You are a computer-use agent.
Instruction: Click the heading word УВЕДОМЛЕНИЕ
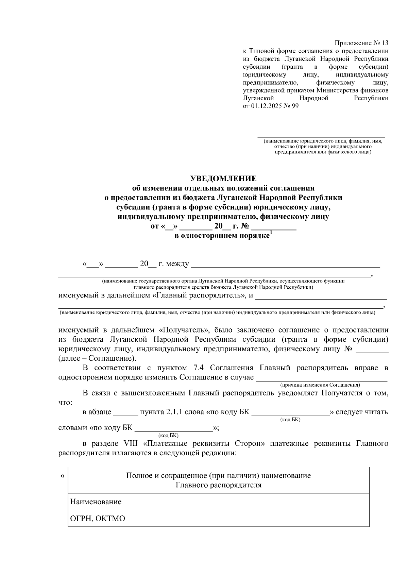point(223,179)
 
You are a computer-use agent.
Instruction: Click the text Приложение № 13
point(361,43)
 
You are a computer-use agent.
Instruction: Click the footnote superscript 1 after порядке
point(271,233)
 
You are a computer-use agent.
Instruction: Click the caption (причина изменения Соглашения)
point(320,385)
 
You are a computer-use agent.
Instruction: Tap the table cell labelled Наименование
point(96,502)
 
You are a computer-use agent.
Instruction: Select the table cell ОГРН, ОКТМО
point(98,519)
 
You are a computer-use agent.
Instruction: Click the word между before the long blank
point(178,264)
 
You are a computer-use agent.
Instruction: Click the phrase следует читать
point(361,412)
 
